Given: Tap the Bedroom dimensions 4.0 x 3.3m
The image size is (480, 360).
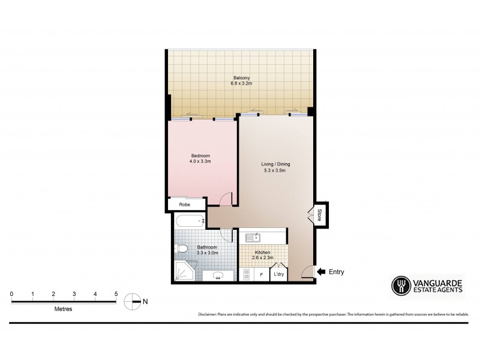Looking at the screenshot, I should [x=200, y=161].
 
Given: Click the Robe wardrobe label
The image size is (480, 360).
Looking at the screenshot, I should [x=184, y=205].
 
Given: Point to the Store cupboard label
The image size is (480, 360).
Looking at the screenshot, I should [x=320, y=214].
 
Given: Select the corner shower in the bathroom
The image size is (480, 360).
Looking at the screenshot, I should [x=184, y=272].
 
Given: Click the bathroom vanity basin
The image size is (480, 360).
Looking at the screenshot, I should [x=217, y=275].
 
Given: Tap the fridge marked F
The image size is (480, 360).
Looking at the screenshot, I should [x=261, y=275].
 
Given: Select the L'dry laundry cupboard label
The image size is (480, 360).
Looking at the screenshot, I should [x=278, y=275].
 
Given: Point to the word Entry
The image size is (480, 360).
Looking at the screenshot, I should [x=337, y=272].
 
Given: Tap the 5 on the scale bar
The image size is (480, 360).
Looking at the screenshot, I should [x=116, y=293].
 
